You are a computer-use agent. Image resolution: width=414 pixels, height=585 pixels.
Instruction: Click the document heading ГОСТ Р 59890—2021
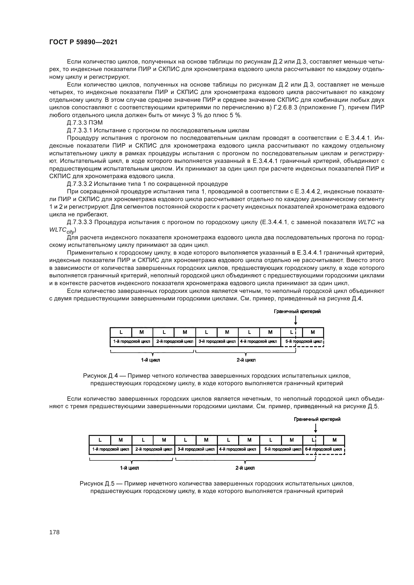point(83,42)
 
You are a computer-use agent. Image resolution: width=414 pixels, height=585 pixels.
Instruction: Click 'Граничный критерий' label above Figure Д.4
point(297,311)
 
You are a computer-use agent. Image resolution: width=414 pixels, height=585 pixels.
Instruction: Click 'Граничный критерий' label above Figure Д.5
point(317,419)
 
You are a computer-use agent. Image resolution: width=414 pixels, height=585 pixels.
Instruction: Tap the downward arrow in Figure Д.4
point(296,320)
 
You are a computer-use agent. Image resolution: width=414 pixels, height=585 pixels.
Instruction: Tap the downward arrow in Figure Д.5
point(316,428)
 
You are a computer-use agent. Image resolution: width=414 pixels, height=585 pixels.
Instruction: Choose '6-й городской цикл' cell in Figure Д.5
point(323,449)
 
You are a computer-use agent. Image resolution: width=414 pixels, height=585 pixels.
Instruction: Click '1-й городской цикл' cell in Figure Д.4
point(132,341)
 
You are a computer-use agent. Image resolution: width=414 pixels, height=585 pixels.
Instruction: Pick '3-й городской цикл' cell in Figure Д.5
point(196,449)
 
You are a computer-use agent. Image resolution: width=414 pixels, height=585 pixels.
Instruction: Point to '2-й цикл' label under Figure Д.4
point(246,360)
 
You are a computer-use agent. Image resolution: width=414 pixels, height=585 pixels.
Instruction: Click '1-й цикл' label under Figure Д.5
point(129,468)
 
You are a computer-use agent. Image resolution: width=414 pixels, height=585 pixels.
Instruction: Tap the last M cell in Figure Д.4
point(313,332)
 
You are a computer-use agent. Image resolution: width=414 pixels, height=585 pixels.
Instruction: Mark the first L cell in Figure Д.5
point(100,440)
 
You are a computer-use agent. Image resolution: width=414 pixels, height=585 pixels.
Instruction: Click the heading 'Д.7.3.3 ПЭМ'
point(85,123)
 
